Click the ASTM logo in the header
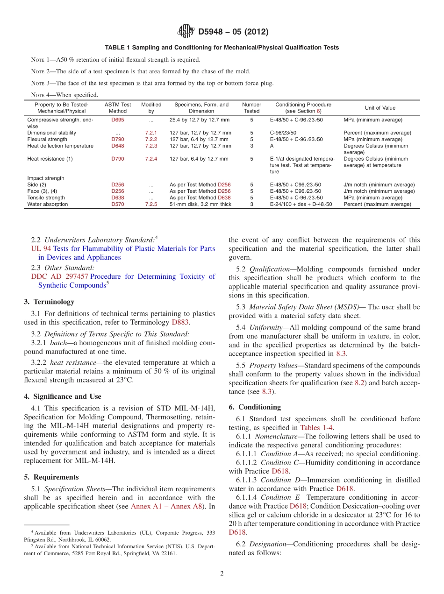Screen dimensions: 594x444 [186, 32]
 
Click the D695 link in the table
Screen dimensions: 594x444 [117, 120]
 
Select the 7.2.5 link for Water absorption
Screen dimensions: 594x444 [151, 204]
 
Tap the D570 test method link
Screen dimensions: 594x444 [117, 204]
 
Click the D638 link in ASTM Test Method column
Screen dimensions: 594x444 [117, 198]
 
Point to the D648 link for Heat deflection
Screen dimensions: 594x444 [117, 146]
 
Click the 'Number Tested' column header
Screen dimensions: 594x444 [251, 108]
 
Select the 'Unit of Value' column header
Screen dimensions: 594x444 [380, 108]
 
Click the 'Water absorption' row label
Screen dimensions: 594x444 [46, 204]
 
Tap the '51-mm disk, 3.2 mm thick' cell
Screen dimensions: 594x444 [200, 204]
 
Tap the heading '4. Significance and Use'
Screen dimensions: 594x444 [62, 396]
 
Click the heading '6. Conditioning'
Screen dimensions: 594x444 [255, 407]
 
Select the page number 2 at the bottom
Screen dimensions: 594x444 [222, 573]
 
